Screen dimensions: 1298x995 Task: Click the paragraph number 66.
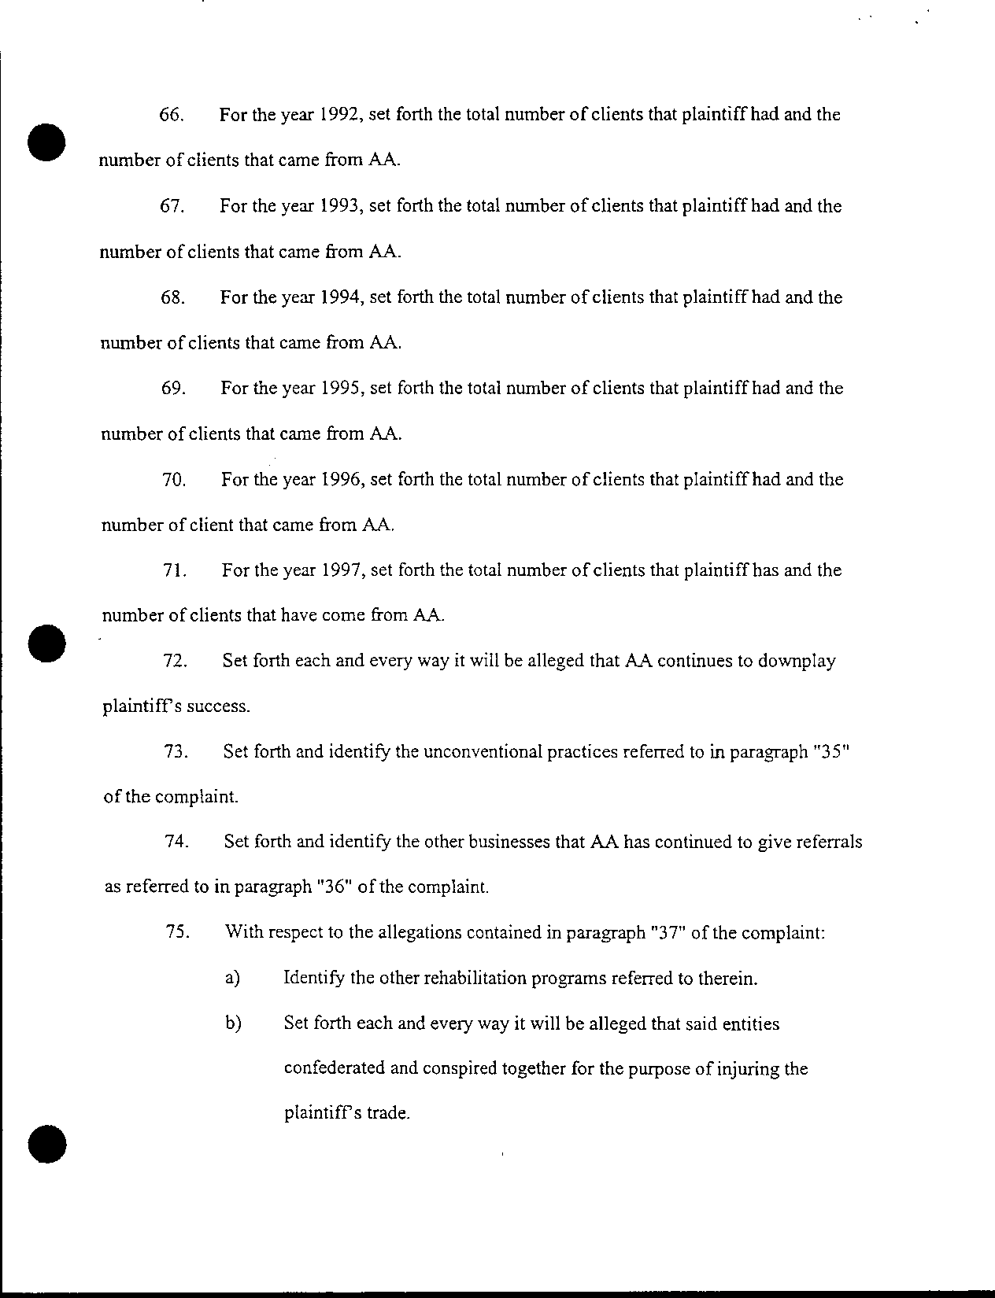coord(172,115)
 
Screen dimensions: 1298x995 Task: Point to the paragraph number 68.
coord(172,297)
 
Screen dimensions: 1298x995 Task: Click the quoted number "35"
coord(830,751)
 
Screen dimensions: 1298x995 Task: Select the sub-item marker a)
coord(232,979)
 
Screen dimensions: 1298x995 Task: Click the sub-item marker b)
coord(233,1024)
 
